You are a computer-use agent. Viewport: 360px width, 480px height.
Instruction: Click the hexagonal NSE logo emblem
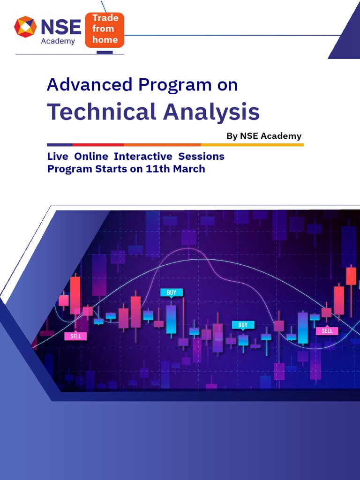coord(25,27)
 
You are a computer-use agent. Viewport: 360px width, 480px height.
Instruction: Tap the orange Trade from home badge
coord(105,30)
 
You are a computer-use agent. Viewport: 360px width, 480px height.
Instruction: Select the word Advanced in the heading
coord(90,85)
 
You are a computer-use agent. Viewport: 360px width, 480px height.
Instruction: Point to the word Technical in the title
coord(101,112)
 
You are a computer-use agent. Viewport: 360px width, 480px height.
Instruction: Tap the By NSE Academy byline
coord(264,136)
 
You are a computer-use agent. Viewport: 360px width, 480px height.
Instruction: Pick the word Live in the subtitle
coord(58,156)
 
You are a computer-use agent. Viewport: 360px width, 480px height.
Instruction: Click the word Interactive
coord(143,156)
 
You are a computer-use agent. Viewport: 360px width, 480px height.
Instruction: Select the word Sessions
coord(201,156)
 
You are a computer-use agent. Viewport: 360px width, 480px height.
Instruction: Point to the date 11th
coord(158,169)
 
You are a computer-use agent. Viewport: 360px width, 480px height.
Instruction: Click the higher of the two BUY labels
coord(172,292)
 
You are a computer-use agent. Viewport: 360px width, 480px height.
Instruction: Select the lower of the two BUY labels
coord(243,325)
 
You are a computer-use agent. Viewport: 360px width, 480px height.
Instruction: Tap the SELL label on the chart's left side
coord(75,336)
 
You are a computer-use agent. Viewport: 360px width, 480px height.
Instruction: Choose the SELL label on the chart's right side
coord(327,330)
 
